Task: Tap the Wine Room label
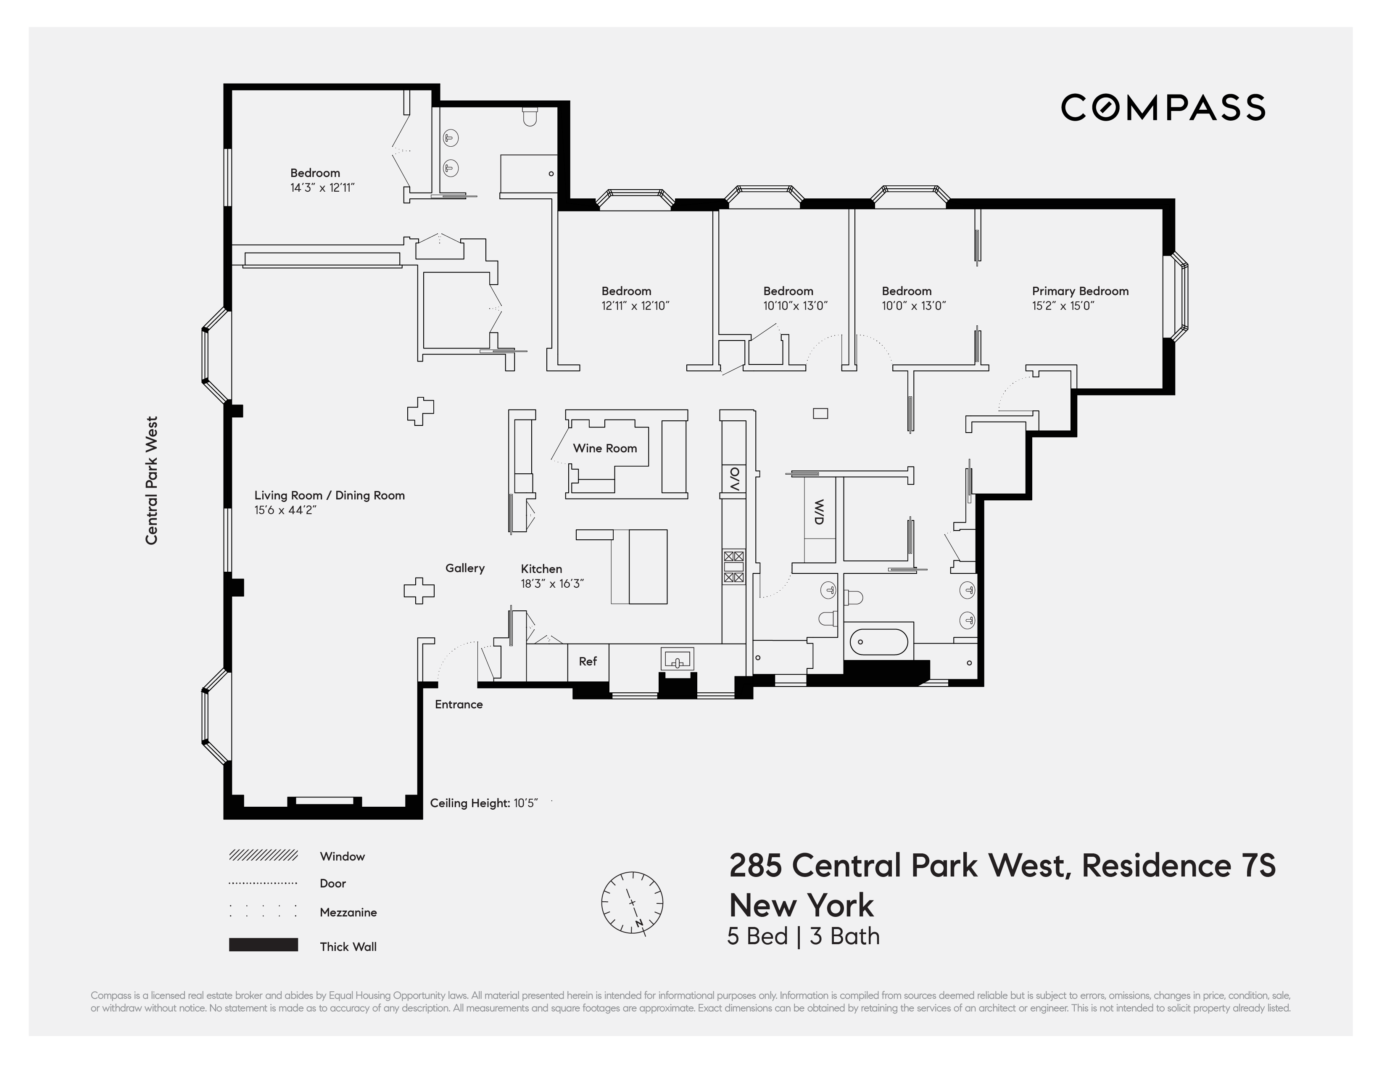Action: pos(604,449)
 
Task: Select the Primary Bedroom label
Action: pos(1080,291)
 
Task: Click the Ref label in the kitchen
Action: pos(588,661)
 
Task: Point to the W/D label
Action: pos(819,512)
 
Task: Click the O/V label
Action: pos(734,480)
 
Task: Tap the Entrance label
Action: pos(459,704)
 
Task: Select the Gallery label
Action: pos(465,568)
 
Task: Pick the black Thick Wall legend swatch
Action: pos(263,945)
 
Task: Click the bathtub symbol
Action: pos(878,642)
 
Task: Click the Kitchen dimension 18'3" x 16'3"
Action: pos(552,584)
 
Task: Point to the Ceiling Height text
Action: pos(483,803)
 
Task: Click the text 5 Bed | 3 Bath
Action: pos(803,937)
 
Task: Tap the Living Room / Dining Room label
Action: pos(329,495)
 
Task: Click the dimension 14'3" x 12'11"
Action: pos(322,188)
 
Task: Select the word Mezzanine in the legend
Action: pos(348,913)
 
